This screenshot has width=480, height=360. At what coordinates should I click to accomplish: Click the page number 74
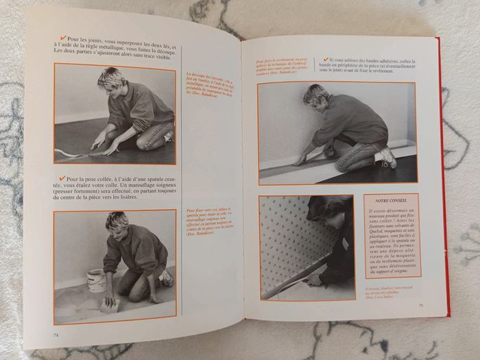(55, 334)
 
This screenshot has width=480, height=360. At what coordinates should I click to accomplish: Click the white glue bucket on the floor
(96, 280)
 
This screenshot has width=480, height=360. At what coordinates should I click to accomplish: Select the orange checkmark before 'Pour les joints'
(62, 38)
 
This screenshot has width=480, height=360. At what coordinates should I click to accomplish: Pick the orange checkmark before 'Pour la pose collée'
(62, 178)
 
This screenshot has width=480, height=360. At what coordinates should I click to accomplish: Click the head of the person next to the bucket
(116, 224)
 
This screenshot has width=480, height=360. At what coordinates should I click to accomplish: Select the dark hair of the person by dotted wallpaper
(332, 208)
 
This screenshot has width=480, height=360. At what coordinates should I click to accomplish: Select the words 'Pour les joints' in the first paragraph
(89, 38)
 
